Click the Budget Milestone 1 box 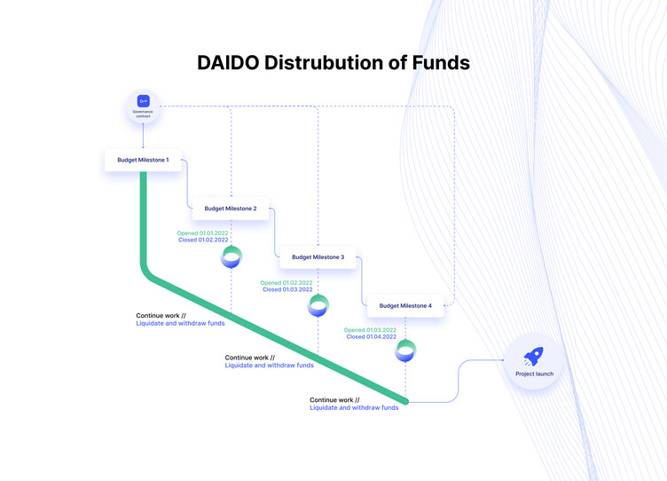pos(143,160)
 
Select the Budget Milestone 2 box pos(231,209)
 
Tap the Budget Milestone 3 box pos(318,257)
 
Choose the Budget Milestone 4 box pos(405,305)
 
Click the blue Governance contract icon pos(144,101)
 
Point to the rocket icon pos(533,356)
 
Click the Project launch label pos(534,374)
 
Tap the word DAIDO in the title pos(228,63)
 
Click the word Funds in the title pos(441,63)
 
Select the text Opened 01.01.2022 pos(202,233)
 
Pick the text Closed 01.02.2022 pos(203,240)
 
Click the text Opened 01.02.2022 pos(286,282)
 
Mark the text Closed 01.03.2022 pos(287,289)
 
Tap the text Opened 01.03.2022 pos(370,330)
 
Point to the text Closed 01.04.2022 pos(372,336)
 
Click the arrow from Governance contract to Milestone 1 pos(143,136)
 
